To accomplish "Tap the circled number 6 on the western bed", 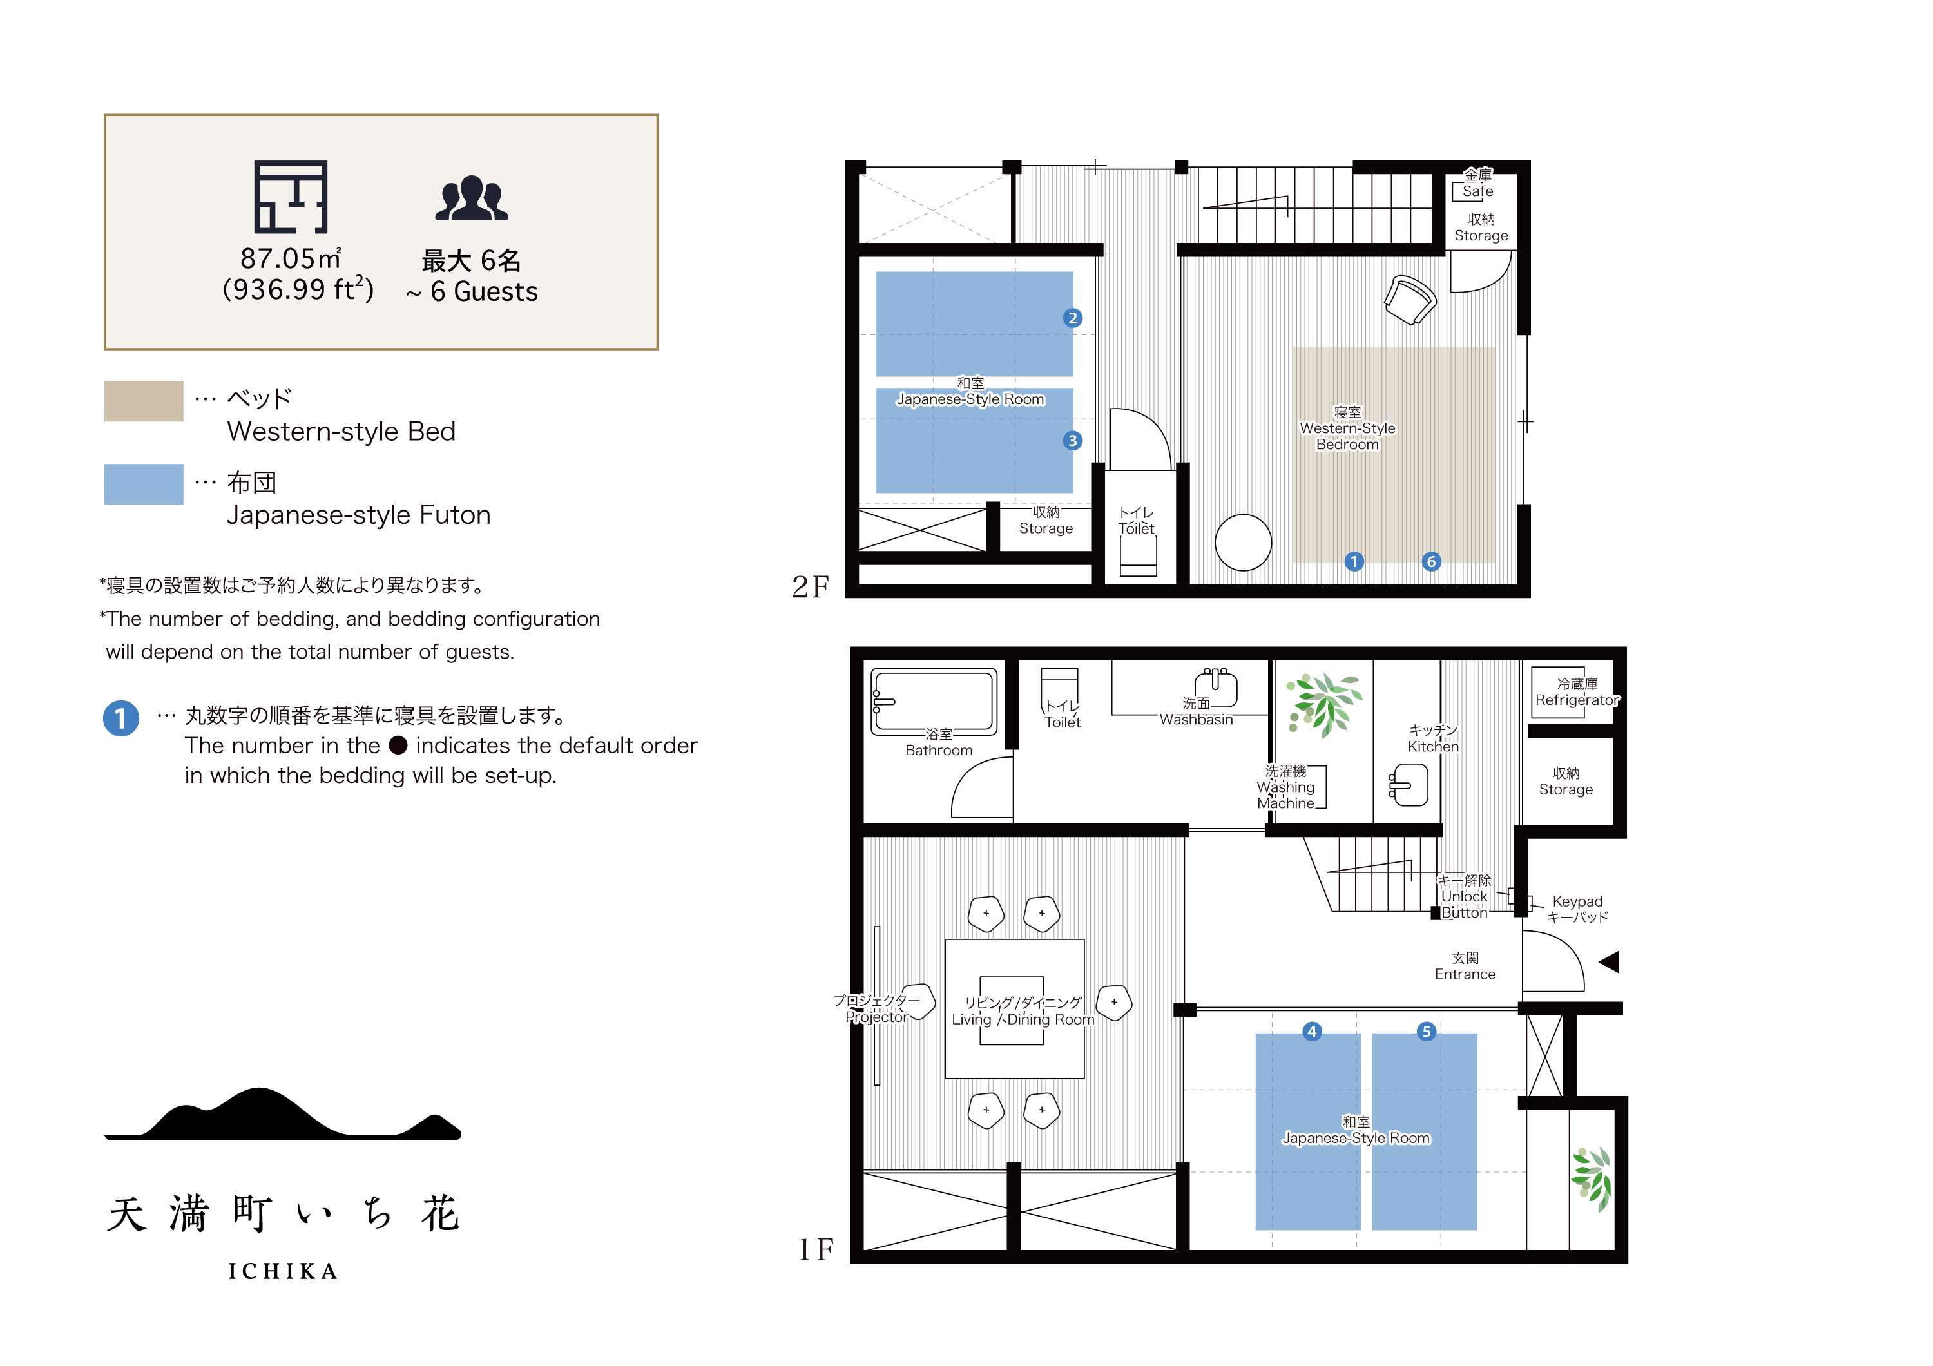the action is point(1431,561).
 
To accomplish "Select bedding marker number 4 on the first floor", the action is point(1312,1031).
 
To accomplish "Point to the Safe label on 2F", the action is point(1477,191).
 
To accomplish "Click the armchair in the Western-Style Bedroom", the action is point(1410,300).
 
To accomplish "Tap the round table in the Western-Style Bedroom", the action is point(1243,543).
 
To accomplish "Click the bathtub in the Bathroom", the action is point(934,701).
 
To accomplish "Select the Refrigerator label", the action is point(1577,700).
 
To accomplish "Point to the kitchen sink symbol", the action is point(1409,784).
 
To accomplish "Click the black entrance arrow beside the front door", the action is point(1610,961).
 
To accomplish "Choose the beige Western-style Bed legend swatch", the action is point(144,401).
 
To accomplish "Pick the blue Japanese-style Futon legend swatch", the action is point(144,484).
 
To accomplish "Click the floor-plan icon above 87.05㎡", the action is point(291,197).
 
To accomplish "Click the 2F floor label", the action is point(811,586).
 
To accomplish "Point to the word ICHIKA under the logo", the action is point(283,1271).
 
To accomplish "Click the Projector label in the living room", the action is point(876,1017).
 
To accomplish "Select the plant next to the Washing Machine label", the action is point(1323,704).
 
